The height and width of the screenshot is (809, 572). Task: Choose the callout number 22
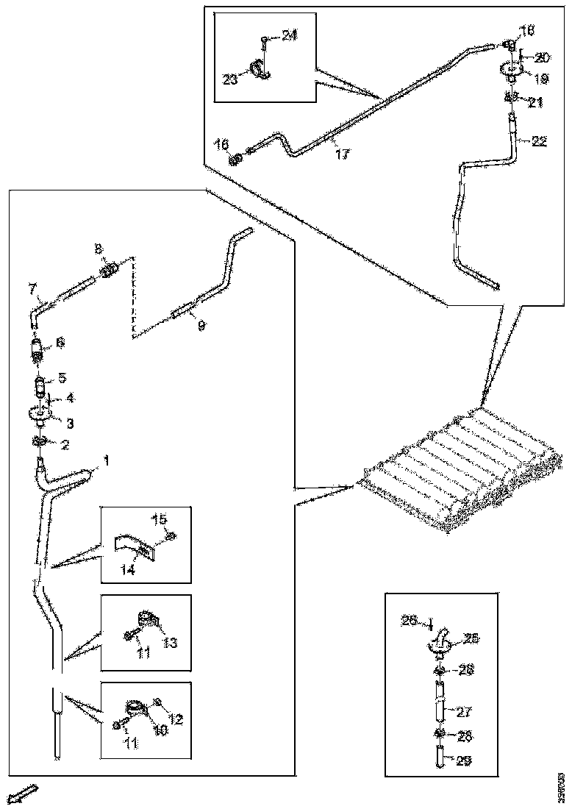pyautogui.click(x=539, y=142)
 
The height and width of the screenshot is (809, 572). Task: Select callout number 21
pyautogui.click(x=535, y=103)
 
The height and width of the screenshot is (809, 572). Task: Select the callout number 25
pyautogui.click(x=471, y=640)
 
